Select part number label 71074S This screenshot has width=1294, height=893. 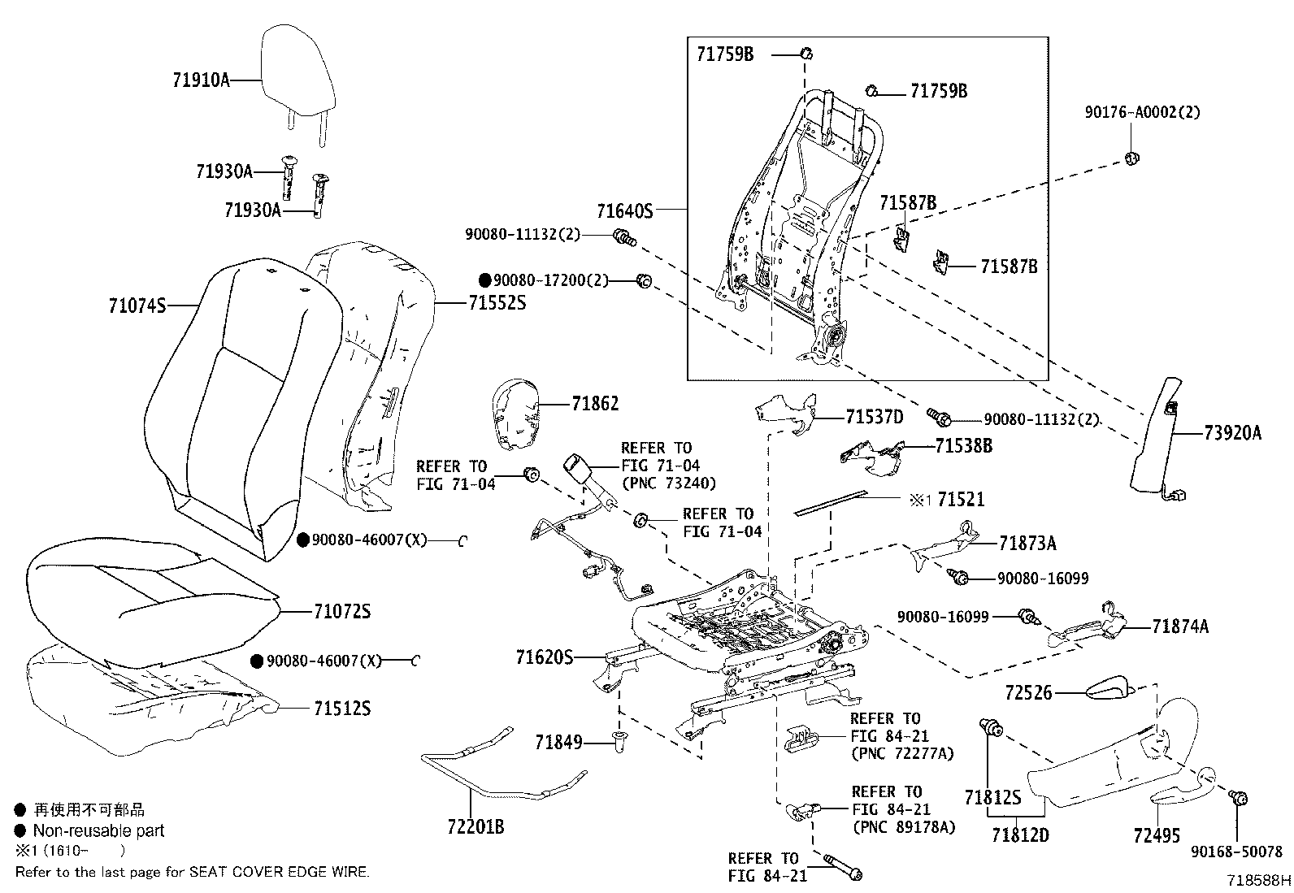click(137, 306)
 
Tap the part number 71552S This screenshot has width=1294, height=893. click(497, 303)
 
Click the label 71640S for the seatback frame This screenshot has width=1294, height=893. click(624, 211)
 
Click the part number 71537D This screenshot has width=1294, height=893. click(874, 418)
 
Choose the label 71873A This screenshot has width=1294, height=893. click(1027, 543)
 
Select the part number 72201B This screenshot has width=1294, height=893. click(475, 828)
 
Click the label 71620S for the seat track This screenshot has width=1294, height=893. click(544, 657)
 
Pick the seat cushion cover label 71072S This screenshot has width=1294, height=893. click(341, 612)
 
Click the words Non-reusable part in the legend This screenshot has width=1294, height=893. click(98, 830)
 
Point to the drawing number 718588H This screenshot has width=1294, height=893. click(1258, 880)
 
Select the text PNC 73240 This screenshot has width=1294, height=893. click(668, 483)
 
